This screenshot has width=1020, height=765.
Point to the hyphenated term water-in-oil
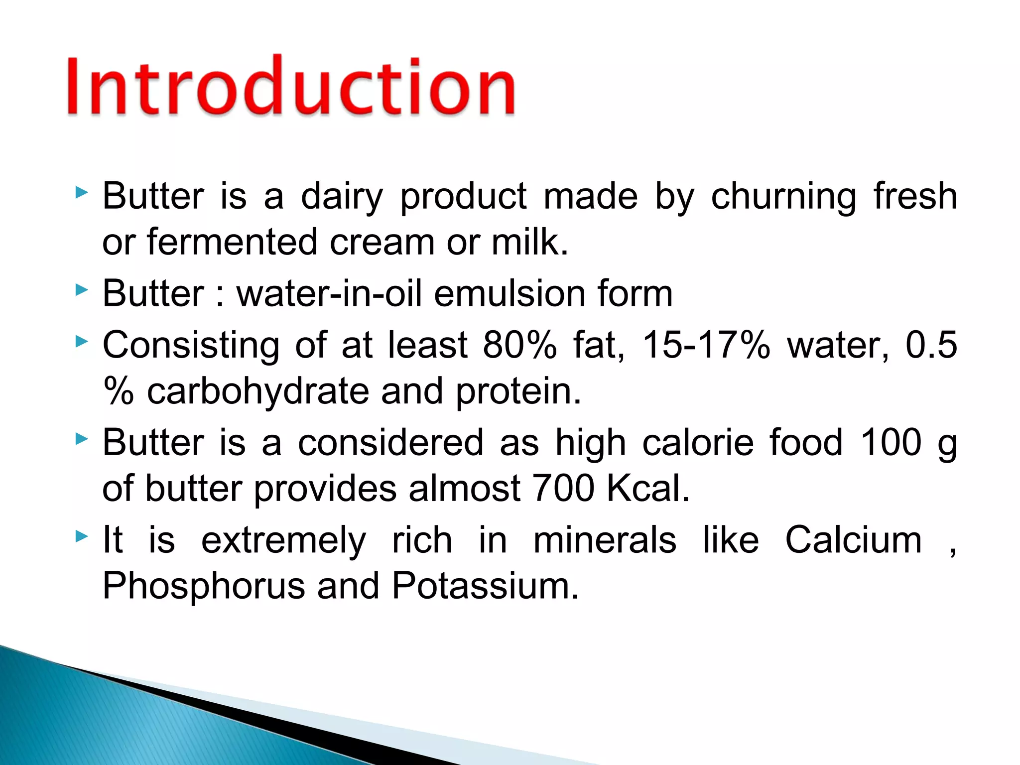(329, 293)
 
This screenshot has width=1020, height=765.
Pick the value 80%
(519, 345)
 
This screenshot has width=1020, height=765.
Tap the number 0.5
(931, 345)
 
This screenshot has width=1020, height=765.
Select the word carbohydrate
(258, 391)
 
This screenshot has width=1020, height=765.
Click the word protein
(518, 391)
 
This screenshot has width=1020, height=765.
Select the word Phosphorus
(203, 586)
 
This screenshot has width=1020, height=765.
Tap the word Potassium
(485, 586)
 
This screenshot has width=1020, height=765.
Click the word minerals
(605, 540)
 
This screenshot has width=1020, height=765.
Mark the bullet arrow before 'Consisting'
(82, 341)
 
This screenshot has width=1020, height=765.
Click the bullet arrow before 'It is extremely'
(82, 536)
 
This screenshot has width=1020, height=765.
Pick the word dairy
(342, 197)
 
